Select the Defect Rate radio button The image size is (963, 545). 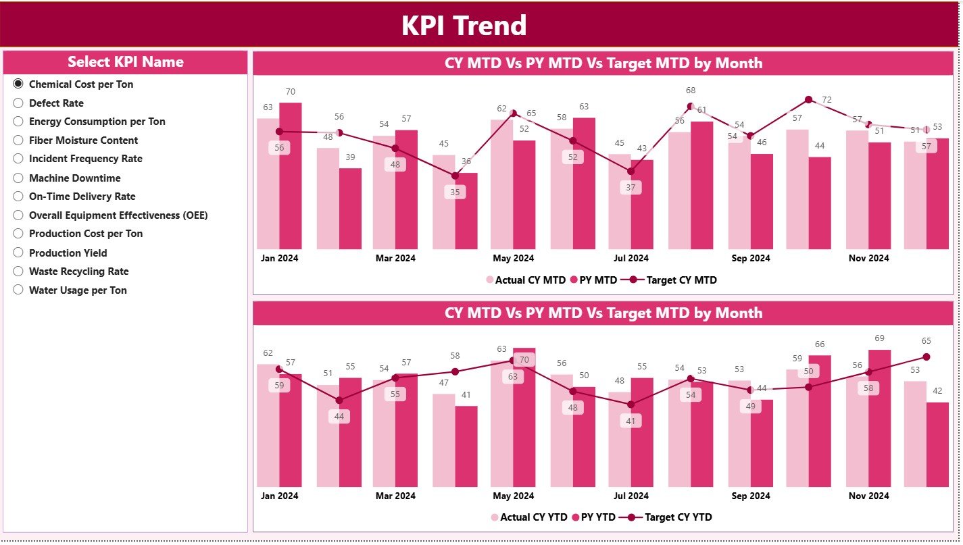tap(18, 103)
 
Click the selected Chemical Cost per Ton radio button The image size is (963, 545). tap(18, 84)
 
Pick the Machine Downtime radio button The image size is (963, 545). tap(18, 178)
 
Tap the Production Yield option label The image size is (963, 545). tap(68, 253)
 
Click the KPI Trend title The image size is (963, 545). tap(464, 26)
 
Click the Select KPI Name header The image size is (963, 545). tap(126, 62)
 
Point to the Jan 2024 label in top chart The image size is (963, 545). tap(279, 258)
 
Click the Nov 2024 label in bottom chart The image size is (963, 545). tap(868, 496)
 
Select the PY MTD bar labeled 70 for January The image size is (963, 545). tap(291, 176)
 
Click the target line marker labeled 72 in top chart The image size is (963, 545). tap(808, 100)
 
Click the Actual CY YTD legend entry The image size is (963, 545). tap(528, 517)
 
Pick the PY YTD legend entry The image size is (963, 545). tap(593, 517)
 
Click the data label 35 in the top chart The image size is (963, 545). tap(455, 192)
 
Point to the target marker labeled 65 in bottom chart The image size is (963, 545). tap(927, 357)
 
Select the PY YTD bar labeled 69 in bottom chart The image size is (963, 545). tap(880, 419)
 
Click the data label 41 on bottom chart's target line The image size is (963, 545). tap(631, 421)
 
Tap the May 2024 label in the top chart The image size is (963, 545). tap(513, 258)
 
